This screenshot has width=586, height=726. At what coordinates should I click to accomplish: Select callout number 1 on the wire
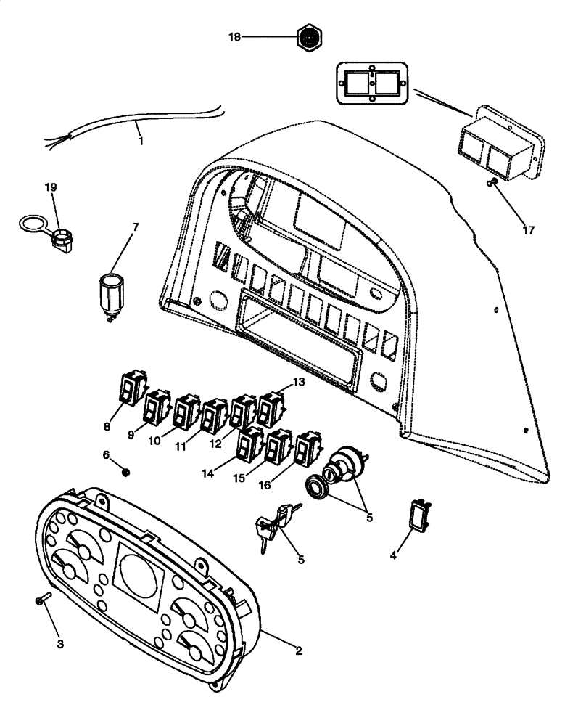point(140,141)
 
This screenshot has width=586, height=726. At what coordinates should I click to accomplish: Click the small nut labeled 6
point(126,473)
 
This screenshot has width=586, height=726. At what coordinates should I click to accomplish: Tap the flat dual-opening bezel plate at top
point(371,82)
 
